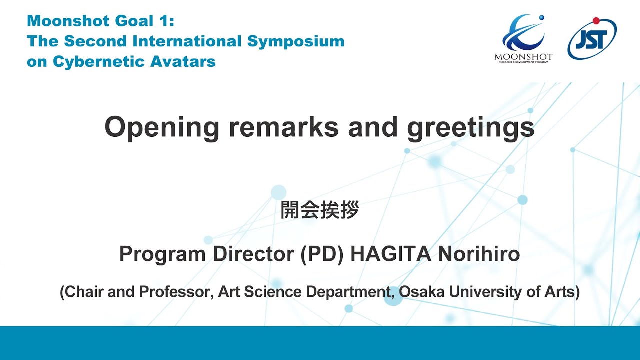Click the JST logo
pos(592,38)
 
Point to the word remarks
pos(284,127)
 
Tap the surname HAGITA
pos(390,254)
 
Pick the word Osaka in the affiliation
pos(424,292)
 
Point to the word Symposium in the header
pos(295,41)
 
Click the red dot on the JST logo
pos(596,20)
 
